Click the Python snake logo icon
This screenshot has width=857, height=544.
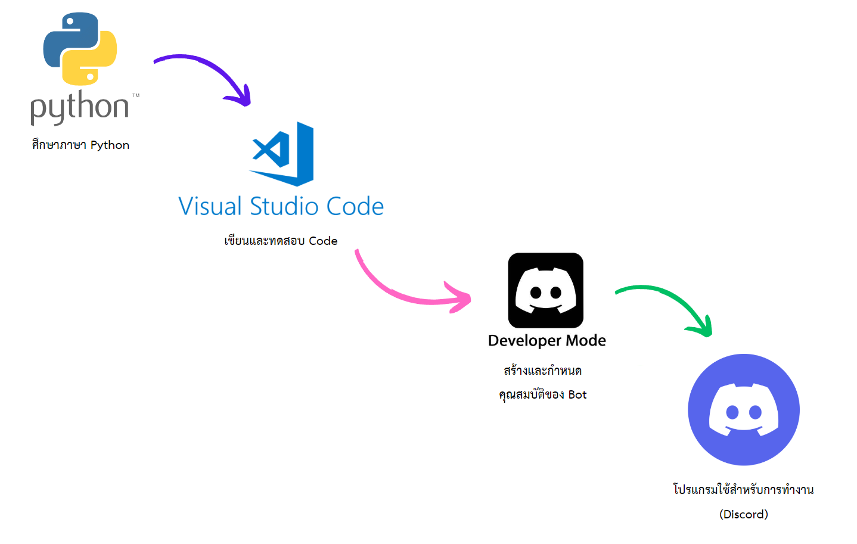[80, 49]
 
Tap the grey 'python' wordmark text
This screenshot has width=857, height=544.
[80, 107]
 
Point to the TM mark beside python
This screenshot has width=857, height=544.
[136, 95]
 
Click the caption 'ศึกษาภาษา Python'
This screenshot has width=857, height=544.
[80, 145]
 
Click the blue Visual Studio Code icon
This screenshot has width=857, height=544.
[282, 154]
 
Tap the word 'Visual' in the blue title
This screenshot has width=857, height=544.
[210, 207]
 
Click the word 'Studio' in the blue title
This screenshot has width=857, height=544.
[284, 207]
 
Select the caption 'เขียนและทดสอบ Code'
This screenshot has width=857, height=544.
[281, 241]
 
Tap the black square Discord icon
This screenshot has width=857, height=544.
[545, 290]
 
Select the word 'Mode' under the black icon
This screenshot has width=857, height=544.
[586, 340]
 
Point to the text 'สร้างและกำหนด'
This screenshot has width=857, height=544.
[542, 371]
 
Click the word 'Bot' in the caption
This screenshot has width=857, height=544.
[577, 394]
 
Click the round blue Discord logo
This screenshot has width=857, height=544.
[743, 410]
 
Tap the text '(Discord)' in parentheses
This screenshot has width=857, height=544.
[743, 514]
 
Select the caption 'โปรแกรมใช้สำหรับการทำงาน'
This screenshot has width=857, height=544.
[743, 490]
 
